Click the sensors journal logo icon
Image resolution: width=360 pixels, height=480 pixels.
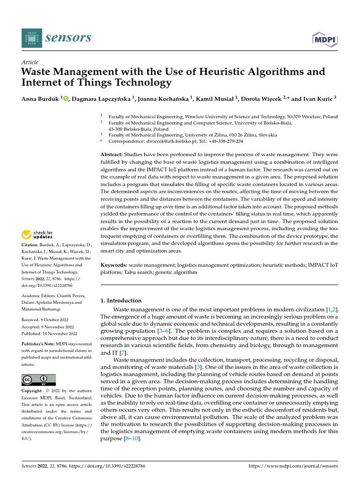tap(31, 38)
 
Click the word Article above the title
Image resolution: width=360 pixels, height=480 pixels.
tap(30, 62)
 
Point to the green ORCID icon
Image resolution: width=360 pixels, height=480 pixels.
tap(66, 98)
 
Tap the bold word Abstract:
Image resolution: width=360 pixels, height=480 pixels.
tap(113, 154)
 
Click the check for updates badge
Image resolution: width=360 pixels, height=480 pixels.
tap(37, 234)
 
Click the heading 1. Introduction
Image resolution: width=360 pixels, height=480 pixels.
tap(121, 300)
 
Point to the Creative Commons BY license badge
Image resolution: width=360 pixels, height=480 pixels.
tap(38, 380)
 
